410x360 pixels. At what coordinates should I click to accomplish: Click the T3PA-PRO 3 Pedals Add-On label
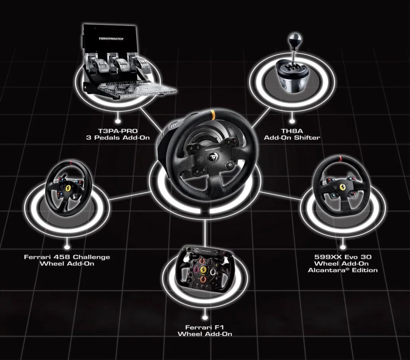[118, 134]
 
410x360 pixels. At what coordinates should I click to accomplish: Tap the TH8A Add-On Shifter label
[292, 134]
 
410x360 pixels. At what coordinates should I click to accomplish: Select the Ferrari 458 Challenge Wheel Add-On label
[67, 260]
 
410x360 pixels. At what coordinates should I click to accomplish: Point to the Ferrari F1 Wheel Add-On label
[205, 330]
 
